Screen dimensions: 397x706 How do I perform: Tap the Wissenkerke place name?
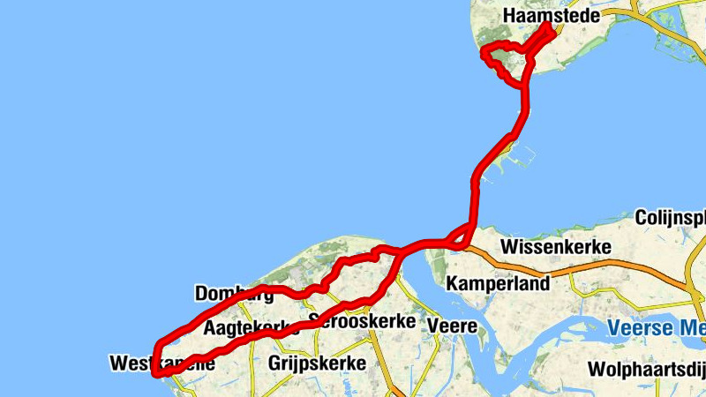point(555,247)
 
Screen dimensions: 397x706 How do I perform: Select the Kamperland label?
point(498,283)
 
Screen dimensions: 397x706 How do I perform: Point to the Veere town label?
point(452,327)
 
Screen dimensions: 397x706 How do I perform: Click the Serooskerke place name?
point(363,322)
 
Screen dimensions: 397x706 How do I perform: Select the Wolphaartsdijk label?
point(649,369)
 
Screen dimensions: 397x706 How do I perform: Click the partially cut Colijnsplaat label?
point(670,218)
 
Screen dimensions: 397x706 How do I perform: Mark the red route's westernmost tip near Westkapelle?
point(156,372)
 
